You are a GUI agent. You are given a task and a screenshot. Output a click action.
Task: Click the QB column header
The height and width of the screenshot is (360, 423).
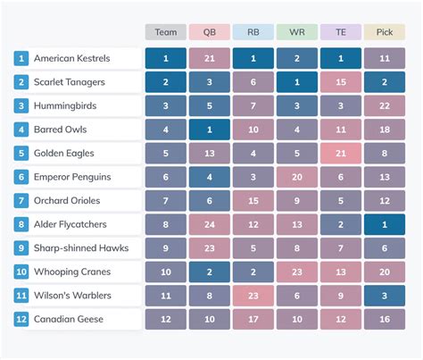[210, 32]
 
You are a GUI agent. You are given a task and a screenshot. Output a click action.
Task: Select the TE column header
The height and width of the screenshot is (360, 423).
[341, 32]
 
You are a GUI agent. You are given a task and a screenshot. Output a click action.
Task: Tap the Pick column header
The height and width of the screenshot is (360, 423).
[385, 32]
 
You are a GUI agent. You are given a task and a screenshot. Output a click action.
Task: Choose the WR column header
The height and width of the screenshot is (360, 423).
[297, 32]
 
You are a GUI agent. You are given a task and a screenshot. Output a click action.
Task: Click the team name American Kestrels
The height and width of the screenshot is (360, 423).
[71, 59]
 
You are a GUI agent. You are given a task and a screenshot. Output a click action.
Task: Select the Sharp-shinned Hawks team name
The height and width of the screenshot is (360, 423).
[79, 247]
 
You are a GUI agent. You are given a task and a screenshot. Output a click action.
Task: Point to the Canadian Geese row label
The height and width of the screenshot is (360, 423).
[68, 319]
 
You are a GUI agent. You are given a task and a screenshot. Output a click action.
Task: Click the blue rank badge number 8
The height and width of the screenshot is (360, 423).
[21, 224]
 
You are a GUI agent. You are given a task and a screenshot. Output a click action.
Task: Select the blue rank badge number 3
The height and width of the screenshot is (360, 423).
[21, 106]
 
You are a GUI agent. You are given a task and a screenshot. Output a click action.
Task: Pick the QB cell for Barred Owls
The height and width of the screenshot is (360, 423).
[210, 130]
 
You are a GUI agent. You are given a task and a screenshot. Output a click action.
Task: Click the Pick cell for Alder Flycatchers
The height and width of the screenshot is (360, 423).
[385, 224]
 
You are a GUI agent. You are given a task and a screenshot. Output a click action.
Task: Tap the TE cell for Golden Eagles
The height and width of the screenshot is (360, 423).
[341, 154]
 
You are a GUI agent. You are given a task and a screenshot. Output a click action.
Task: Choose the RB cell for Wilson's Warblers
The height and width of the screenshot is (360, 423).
[253, 295]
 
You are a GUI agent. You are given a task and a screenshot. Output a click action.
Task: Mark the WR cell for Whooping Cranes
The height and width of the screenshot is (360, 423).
[297, 272]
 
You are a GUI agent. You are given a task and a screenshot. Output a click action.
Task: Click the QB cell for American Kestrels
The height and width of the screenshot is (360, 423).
[210, 59]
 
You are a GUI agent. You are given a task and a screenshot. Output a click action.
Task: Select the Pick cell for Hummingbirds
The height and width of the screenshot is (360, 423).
[385, 106]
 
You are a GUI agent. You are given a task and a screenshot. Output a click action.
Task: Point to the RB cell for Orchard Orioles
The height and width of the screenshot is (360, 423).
[253, 201]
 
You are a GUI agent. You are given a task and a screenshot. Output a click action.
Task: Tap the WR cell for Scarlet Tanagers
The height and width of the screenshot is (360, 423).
[297, 82]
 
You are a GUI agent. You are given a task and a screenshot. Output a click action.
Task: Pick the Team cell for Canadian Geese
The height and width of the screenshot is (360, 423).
[166, 319]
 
